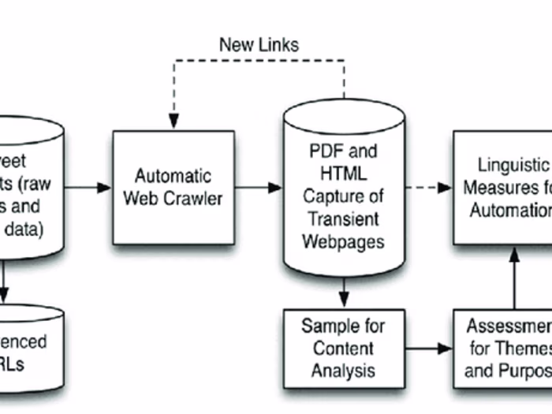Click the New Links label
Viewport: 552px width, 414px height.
259,44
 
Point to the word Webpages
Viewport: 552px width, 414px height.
345,240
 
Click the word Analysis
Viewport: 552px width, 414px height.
344,368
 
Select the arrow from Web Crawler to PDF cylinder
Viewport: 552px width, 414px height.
259,188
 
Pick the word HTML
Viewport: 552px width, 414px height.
345,173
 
